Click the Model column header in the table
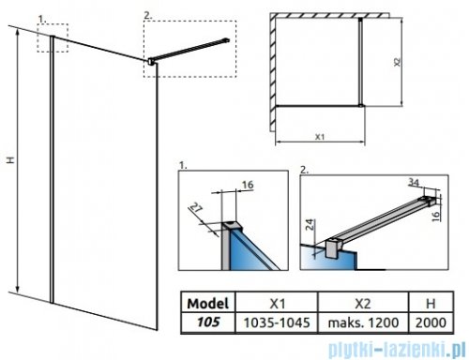(208, 303)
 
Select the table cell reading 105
(208, 322)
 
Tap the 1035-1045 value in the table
(277, 322)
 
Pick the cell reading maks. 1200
(363, 322)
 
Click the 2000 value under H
(431, 322)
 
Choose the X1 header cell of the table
(277, 304)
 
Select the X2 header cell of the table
(363, 304)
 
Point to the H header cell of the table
(431, 304)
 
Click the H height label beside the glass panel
(11, 160)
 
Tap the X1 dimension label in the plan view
(320, 137)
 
